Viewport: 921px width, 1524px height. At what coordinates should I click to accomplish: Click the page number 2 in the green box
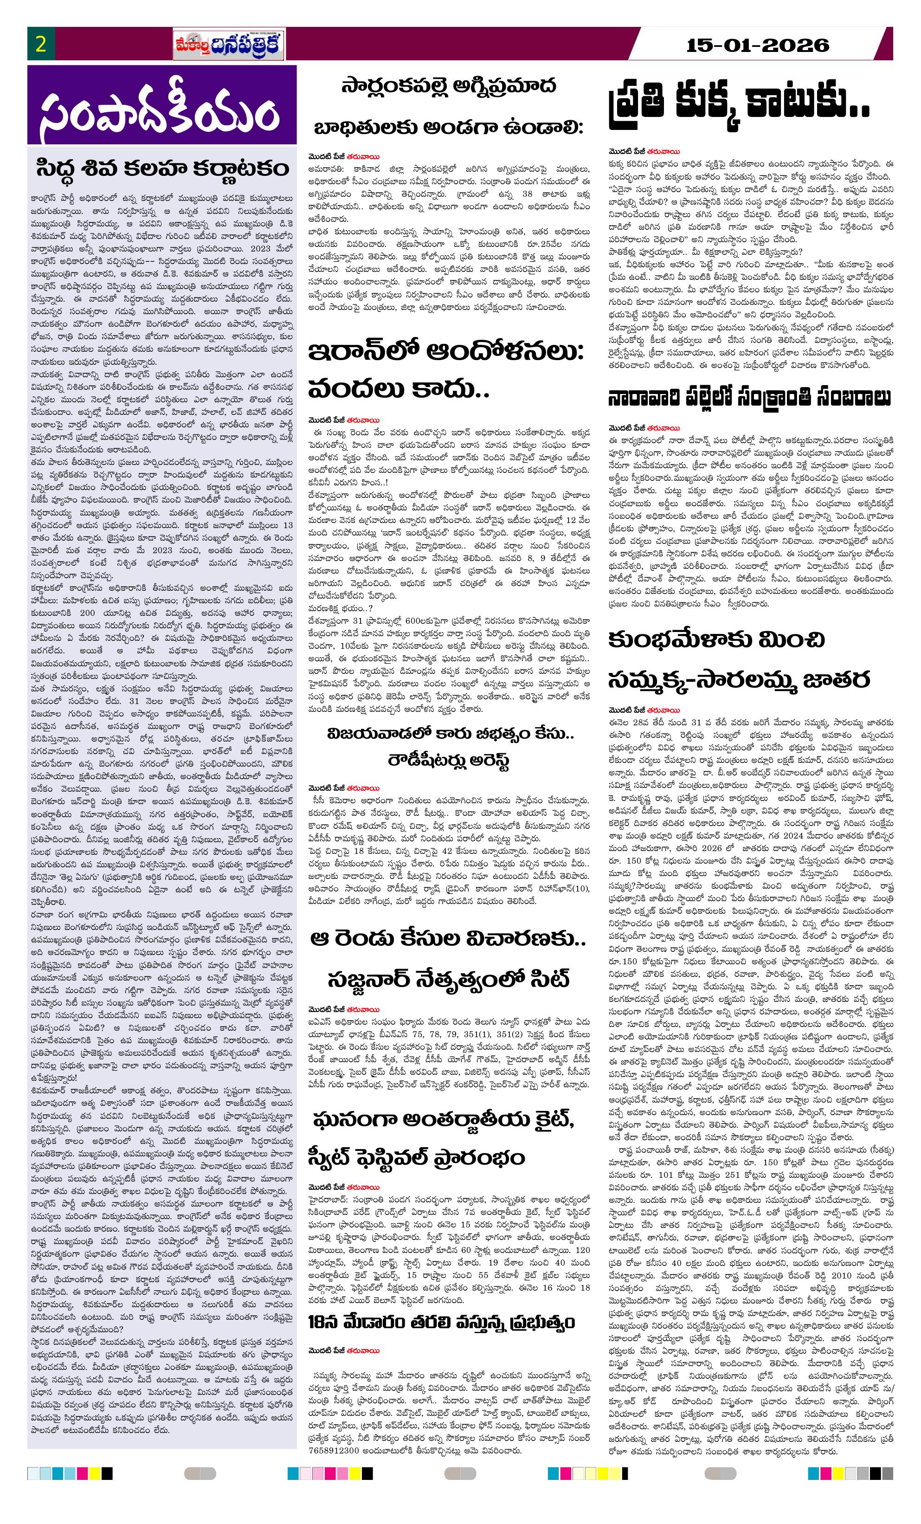point(41,45)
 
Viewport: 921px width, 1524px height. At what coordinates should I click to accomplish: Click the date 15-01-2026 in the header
point(757,45)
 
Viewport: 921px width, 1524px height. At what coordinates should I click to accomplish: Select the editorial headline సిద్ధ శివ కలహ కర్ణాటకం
point(162,168)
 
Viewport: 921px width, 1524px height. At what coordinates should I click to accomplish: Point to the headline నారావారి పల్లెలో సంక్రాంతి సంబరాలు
point(749,398)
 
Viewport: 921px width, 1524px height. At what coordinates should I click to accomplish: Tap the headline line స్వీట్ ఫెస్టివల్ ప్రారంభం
point(416,1157)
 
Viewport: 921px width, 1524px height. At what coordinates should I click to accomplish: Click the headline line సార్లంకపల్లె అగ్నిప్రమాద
point(449,86)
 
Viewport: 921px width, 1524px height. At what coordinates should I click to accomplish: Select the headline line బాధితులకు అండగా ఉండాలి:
point(449,128)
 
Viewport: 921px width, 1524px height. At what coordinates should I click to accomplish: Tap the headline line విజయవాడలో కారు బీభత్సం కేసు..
point(451,734)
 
